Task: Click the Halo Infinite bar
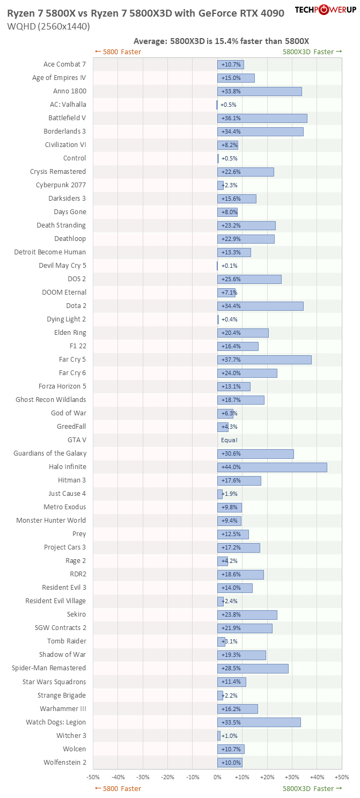(272, 467)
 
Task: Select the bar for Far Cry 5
(264, 360)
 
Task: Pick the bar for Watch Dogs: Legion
(259, 722)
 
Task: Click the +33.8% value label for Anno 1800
(231, 91)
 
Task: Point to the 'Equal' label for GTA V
(229, 440)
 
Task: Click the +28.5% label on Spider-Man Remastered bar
(231, 668)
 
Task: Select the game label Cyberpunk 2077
(61, 185)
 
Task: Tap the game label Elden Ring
(70, 333)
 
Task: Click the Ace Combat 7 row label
(64, 64)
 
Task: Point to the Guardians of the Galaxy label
(50, 453)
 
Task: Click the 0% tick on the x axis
(217, 777)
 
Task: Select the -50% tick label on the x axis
(93, 777)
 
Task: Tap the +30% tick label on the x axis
(292, 777)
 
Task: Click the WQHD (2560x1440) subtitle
(48, 26)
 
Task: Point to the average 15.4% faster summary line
(221, 41)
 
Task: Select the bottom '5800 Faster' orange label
(117, 788)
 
